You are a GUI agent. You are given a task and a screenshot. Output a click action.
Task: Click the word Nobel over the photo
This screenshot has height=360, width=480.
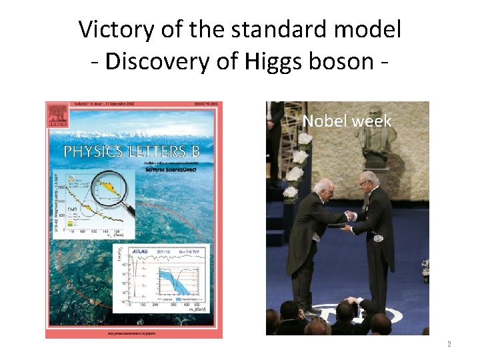point(323,121)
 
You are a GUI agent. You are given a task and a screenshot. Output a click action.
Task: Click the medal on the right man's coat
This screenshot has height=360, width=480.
point(378,237)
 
